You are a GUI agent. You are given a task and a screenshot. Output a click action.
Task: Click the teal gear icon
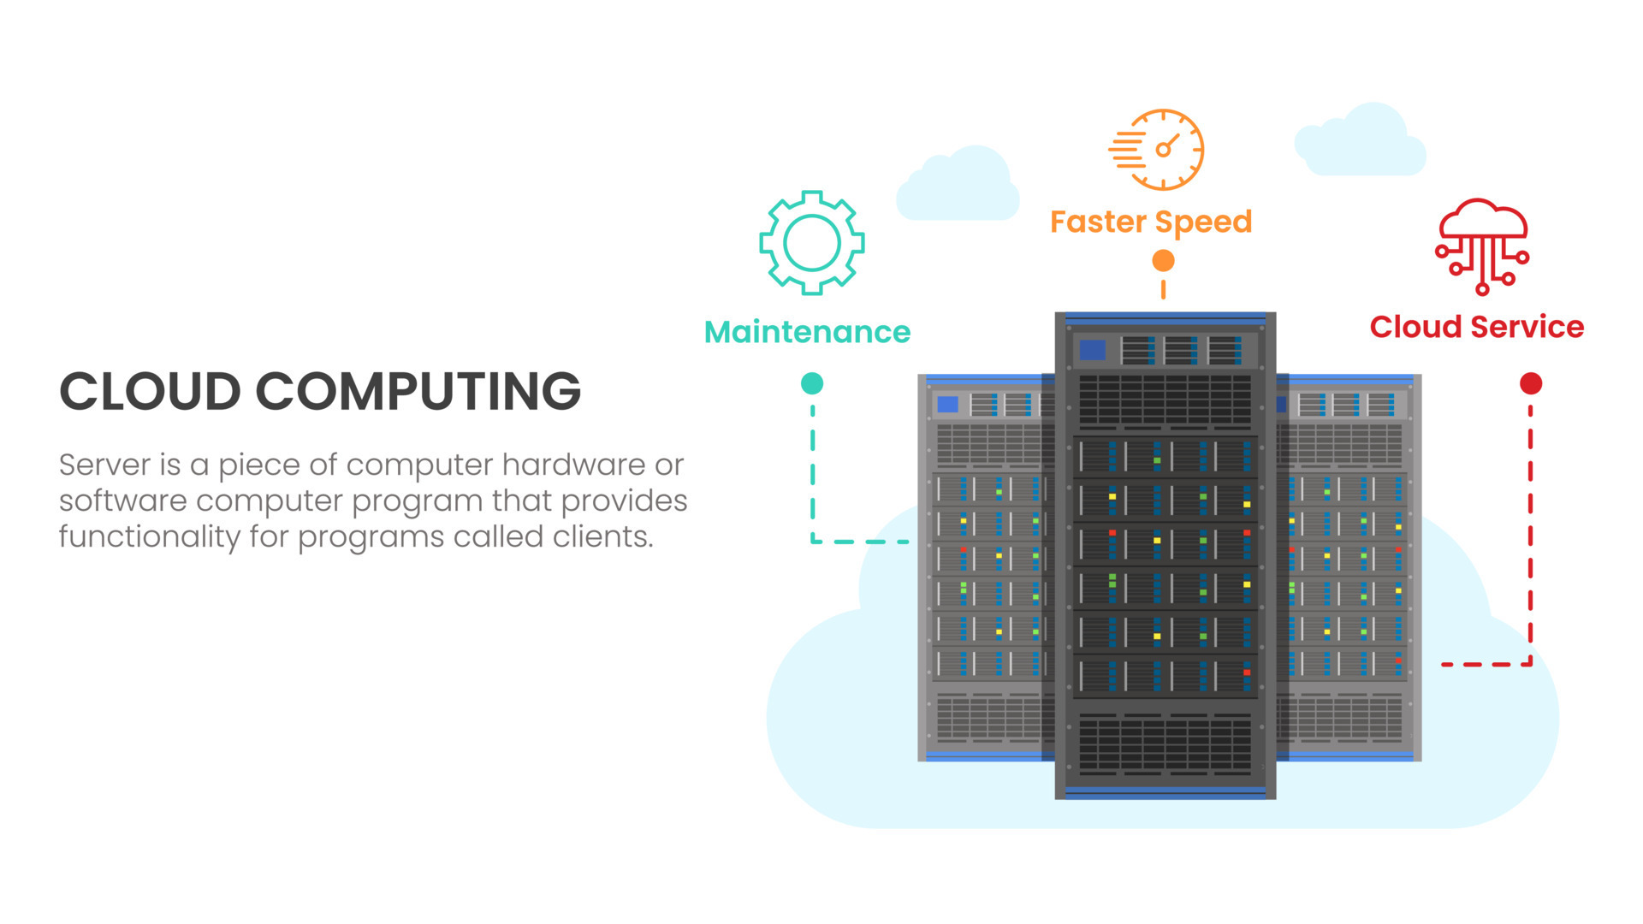811,243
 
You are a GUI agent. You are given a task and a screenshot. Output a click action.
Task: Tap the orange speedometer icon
1160,150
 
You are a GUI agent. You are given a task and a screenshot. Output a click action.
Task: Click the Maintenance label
807,332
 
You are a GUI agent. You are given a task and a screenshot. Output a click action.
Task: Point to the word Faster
1097,222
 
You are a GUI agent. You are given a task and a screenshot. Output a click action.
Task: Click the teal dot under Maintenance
812,383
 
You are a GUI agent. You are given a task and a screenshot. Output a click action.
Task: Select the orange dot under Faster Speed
1163,260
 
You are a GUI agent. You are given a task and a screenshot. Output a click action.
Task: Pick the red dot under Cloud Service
1531,383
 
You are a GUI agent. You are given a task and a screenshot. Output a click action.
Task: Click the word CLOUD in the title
150,392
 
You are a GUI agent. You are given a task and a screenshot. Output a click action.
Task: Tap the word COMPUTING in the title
418,392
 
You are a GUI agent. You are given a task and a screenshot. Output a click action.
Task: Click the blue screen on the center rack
1092,350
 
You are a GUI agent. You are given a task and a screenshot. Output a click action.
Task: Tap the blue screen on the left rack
947,404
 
